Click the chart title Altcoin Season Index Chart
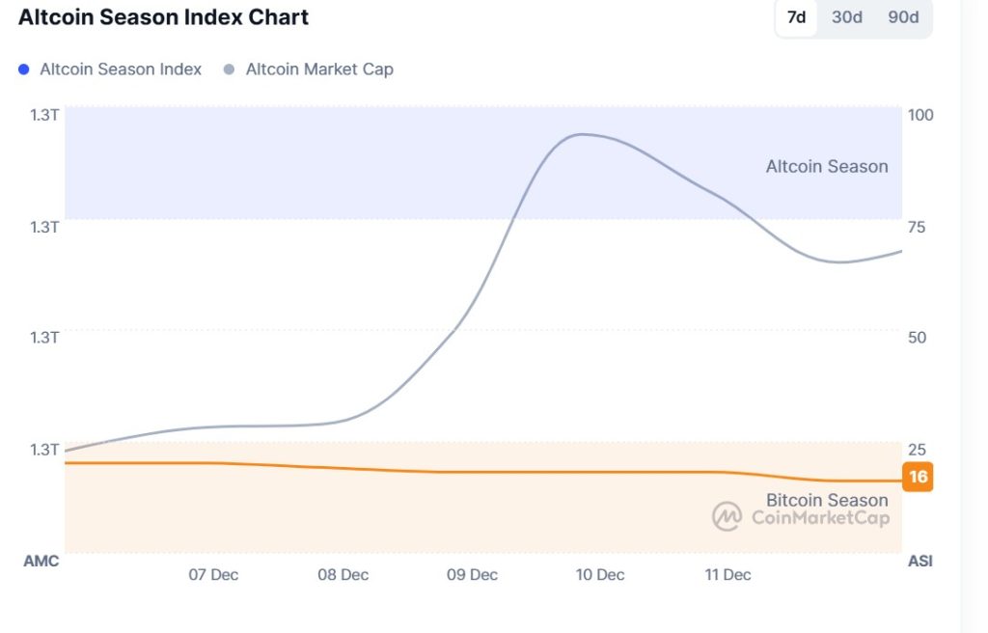click(x=163, y=17)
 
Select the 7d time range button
click(x=796, y=17)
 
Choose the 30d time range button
click(x=847, y=17)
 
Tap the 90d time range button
click(x=903, y=17)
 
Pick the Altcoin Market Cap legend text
click(x=319, y=69)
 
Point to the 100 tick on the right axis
click(x=920, y=115)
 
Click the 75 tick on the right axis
click(x=917, y=227)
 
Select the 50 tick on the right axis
click(x=917, y=338)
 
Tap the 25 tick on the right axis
click(x=917, y=450)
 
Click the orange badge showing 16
click(x=918, y=478)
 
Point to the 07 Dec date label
click(x=213, y=575)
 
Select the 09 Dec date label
click(x=472, y=575)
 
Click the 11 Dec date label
click(x=727, y=575)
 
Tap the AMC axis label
click(x=41, y=562)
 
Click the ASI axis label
click(x=919, y=562)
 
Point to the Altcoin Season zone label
click(x=827, y=167)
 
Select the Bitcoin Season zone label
click(x=827, y=500)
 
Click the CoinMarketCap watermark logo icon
click(x=727, y=517)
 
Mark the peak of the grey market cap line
click(x=580, y=134)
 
